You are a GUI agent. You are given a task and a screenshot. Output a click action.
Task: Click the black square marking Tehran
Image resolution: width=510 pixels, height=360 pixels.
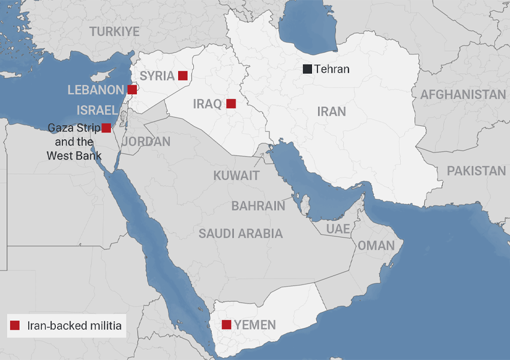click(307, 69)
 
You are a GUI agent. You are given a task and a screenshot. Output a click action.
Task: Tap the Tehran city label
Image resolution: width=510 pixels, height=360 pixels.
click(332, 69)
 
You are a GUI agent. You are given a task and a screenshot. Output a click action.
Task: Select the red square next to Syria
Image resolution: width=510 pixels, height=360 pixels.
click(183, 76)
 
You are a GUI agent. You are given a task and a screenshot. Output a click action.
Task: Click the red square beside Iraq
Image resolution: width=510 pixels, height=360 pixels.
click(231, 104)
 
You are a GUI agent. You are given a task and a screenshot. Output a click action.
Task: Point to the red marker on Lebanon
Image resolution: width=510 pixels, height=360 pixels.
click(133, 90)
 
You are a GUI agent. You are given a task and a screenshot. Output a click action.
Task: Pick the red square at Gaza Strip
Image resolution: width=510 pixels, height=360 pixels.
click(106, 128)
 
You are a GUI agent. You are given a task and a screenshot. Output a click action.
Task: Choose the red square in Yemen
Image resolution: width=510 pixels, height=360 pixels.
click(226, 325)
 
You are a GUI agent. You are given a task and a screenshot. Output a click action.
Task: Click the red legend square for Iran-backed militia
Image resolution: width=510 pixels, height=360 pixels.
click(16, 326)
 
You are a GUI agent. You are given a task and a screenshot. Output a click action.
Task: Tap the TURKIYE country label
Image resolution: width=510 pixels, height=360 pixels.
click(114, 32)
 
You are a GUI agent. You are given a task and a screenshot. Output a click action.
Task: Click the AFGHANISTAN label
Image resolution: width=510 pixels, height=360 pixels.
click(463, 95)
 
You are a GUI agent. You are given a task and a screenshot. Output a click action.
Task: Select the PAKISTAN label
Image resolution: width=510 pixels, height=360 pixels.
click(476, 171)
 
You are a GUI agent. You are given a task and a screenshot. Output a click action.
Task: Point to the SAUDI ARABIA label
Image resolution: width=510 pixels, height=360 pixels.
click(241, 233)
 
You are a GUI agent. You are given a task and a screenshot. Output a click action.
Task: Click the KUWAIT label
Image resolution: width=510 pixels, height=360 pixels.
click(236, 176)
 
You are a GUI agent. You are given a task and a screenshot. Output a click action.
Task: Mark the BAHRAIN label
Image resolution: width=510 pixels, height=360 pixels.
click(259, 206)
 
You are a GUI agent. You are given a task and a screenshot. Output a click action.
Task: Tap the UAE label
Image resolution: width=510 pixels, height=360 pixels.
click(338, 229)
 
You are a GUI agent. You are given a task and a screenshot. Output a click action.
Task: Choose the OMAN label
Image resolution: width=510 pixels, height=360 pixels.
click(376, 245)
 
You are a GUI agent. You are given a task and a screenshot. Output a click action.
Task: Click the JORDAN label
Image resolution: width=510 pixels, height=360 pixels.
click(146, 142)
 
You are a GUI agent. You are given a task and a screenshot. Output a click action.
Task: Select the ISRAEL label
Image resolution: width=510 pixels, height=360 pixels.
click(97, 110)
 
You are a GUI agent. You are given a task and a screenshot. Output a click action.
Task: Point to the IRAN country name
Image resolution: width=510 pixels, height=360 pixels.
click(332, 112)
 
